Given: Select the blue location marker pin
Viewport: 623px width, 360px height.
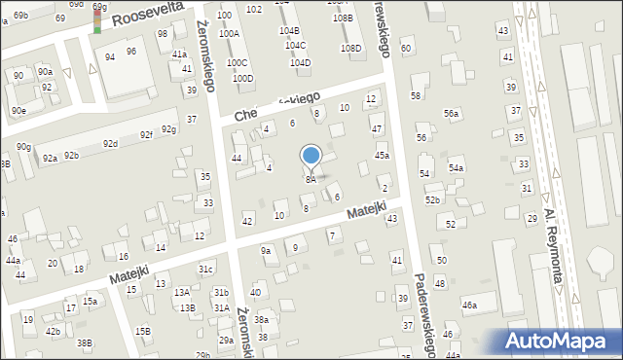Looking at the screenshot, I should tap(311, 156).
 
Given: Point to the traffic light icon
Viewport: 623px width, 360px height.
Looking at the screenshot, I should tap(97, 18).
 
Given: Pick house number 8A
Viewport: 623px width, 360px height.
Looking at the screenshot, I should tap(311, 180).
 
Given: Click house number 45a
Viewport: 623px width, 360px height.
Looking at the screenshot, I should tap(383, 156).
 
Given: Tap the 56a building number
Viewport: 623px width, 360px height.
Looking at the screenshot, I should tap(452, 114).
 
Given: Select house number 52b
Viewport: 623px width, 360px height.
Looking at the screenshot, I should tap(432, 199).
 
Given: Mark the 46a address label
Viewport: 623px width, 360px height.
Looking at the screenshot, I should tap(470, 306).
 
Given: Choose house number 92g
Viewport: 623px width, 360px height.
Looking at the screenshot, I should tap(169, 129).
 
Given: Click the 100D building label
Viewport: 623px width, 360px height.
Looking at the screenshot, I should tap(242, 79).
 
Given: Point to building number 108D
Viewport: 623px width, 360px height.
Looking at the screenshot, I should tap(350, 48).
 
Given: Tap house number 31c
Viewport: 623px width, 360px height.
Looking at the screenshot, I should tap(205, 269).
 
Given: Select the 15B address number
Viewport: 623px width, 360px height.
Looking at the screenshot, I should tap(143, 331).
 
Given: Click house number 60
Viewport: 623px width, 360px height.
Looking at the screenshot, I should tap(405, 48).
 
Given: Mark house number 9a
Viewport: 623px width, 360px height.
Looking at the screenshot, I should tap(266, 251).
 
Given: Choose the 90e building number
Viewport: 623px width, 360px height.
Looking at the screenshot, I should tap(18, 111).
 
